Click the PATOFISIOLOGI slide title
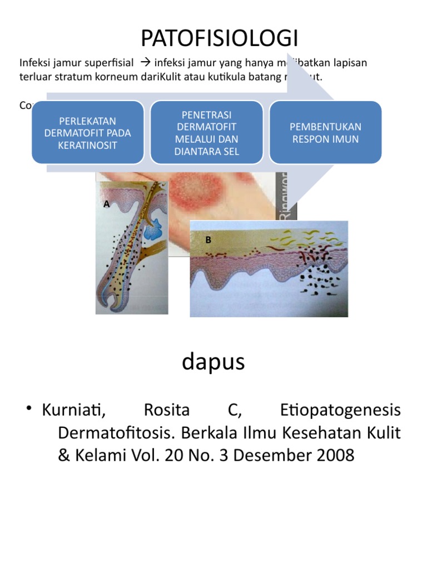[x=220, y=38]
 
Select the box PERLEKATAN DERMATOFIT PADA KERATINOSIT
[x=87, y=132]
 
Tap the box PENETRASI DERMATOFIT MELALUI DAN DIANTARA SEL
[x=206, y=132]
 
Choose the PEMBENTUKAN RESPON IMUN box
[x=326, y=132]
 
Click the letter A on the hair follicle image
[x=107, y=204]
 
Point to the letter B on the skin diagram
[x=208, y=239]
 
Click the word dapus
[x=213, y=362]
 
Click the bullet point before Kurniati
[x=28, y=411]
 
